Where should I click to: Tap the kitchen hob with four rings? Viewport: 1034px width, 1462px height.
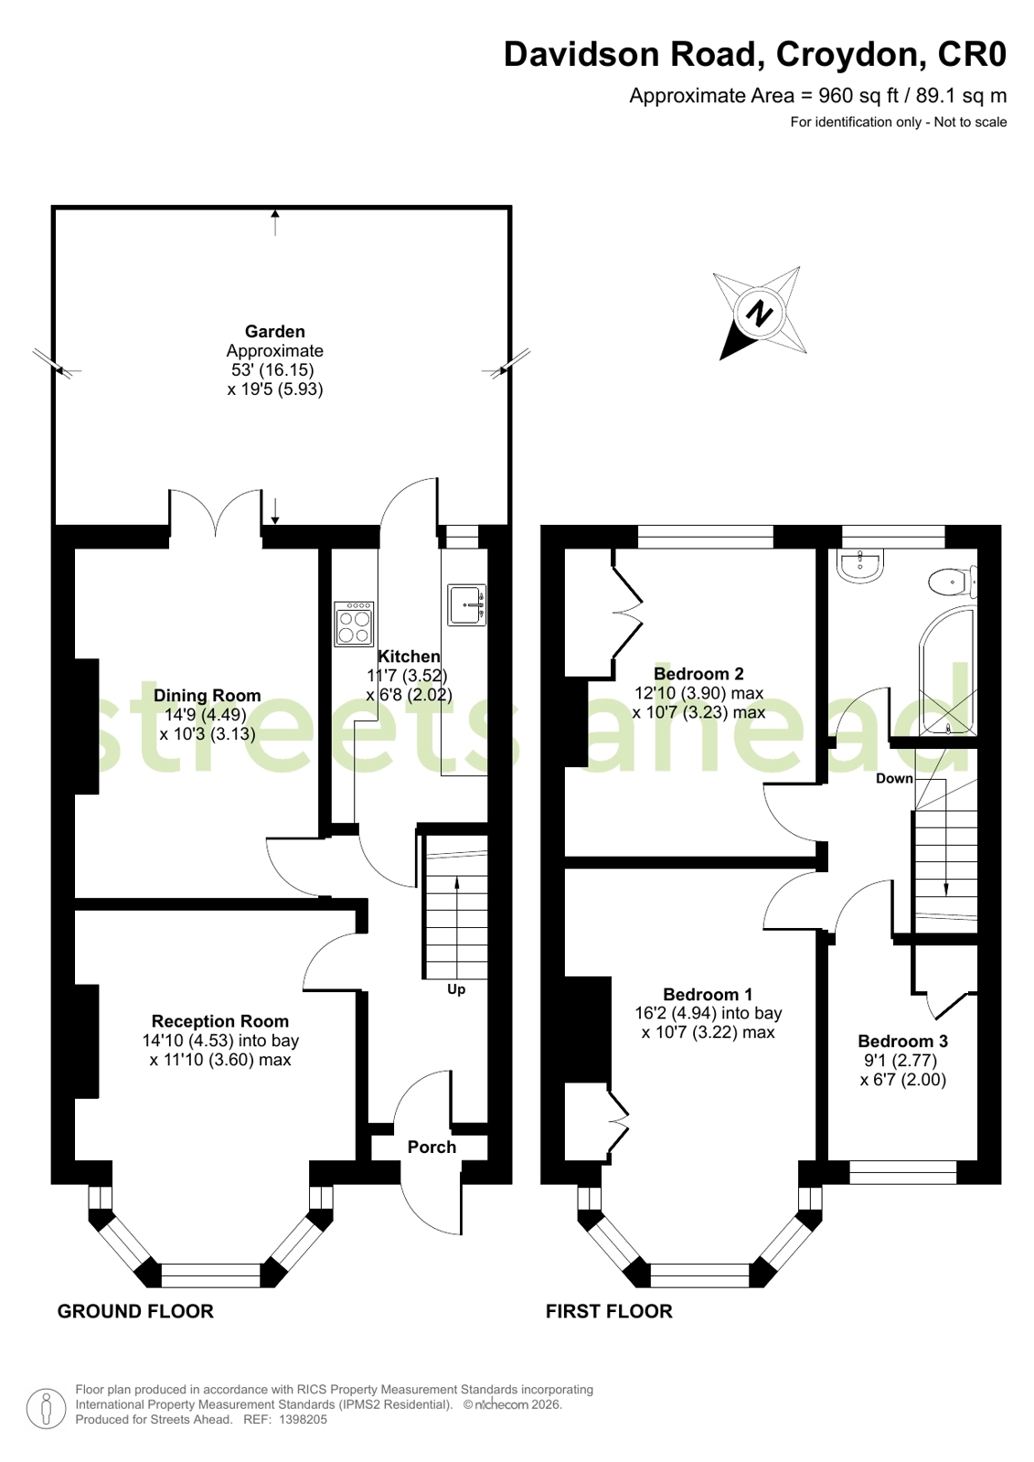click(x=354, y=624)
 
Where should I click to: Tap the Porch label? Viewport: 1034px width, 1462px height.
click(x=432, y=1147)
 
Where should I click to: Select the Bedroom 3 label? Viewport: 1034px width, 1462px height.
click(x=902, y=1040)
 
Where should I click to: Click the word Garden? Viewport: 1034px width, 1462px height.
click(x=274, y=331)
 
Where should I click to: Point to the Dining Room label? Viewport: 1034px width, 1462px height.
click(x=207, y=695)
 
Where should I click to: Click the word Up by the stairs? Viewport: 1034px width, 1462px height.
click(x=455, y=989)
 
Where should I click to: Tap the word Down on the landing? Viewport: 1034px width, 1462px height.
click(x=893, y=778)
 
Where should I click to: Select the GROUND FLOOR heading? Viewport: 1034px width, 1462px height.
click(x=135, y=1311)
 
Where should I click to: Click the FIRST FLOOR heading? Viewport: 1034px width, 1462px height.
click(x=609, y=1311)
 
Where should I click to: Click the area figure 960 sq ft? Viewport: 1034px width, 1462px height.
click(x=859, y=95)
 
